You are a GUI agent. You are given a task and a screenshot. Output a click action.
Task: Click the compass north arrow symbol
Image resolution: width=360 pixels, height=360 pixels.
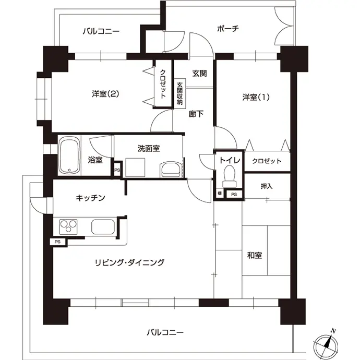tap(326, 344)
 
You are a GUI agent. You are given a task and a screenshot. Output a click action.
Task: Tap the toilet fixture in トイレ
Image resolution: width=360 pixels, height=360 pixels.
tap(229, 176)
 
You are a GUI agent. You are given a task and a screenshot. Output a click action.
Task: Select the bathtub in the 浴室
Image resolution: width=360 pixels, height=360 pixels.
tap(69, 155)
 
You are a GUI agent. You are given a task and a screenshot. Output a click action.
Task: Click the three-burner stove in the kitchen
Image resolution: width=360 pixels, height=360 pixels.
tap(68, 227)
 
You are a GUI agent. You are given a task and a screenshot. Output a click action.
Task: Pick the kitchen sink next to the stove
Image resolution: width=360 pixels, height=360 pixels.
tap(103, 226)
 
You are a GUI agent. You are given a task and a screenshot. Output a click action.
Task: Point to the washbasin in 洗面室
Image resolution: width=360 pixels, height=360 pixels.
tap(171, 170)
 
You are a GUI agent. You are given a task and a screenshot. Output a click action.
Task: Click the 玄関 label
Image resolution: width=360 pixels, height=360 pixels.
tap(199, 74)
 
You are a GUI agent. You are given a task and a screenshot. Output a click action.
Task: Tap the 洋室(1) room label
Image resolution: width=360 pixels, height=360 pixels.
tap(256, 98)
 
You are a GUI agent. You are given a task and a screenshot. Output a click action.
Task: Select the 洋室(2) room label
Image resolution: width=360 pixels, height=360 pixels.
tap(105, 94)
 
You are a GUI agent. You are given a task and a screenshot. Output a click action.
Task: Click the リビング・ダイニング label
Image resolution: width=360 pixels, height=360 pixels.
tap(130, 262)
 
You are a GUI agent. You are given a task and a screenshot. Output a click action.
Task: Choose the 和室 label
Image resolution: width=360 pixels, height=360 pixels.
tap(255, 255)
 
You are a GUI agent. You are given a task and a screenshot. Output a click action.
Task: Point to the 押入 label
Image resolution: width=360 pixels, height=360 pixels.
tap(267, 186)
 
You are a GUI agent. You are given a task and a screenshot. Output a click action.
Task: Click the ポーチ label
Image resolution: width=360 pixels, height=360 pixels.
tap(228, 29)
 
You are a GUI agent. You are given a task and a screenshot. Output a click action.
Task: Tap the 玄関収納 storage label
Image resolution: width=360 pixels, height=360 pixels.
tap(180, 94)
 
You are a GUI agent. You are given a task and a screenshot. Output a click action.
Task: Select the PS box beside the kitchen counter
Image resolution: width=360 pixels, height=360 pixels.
tap(57, 242)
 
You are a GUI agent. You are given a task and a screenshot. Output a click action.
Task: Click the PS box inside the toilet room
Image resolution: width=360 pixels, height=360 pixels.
tap(234, 195)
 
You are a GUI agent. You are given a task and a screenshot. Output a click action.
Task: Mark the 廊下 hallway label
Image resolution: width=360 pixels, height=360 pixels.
tap(196, 114)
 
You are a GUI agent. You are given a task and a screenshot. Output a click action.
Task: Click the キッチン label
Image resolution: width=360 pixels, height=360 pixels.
tap(90, 198)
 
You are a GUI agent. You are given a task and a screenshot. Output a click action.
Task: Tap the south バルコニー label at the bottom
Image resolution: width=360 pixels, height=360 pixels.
tap(165, 332)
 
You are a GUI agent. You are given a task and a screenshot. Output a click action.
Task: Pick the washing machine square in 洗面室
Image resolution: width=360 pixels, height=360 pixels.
tap(135, 167)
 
